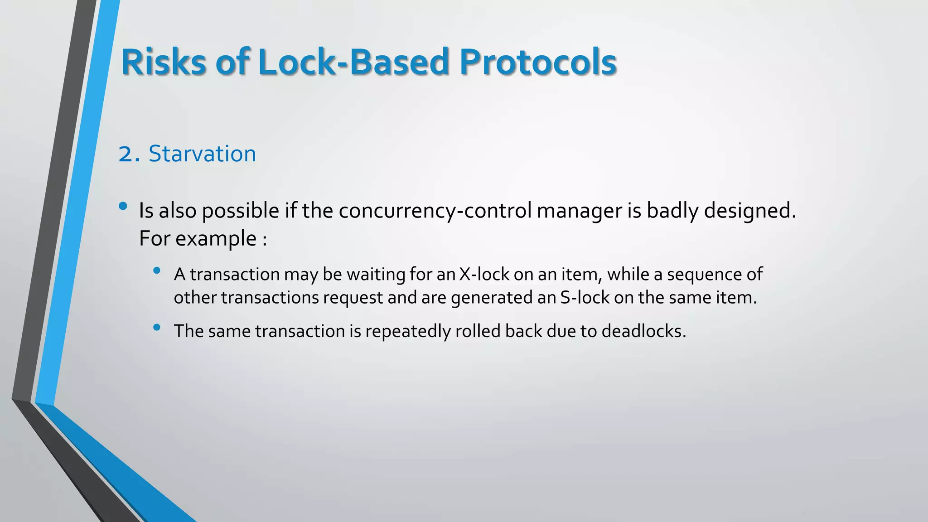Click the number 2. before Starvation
click(x=130, y=154)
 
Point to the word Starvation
click(x=202, y=154)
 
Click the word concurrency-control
click(x=435, y=211)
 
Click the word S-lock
click(x=585, y=298)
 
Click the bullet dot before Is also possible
click(x=123, y=206)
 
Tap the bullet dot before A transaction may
click(x=157, y=271)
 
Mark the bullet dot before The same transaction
click(x=157, y=327)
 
